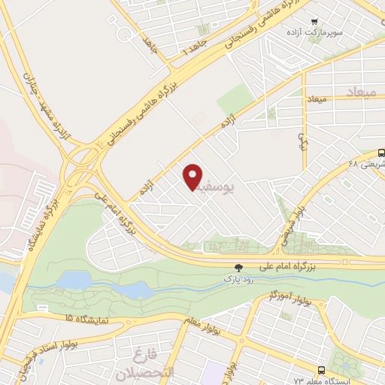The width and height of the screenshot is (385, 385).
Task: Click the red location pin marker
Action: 194,176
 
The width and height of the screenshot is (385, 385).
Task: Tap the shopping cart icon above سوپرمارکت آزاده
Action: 315,23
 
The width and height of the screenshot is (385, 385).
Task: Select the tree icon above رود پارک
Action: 239,267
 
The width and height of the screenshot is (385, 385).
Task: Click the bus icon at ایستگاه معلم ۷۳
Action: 322,370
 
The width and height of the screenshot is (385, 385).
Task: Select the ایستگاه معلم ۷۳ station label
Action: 353,380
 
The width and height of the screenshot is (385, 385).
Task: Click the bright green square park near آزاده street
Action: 236,99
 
